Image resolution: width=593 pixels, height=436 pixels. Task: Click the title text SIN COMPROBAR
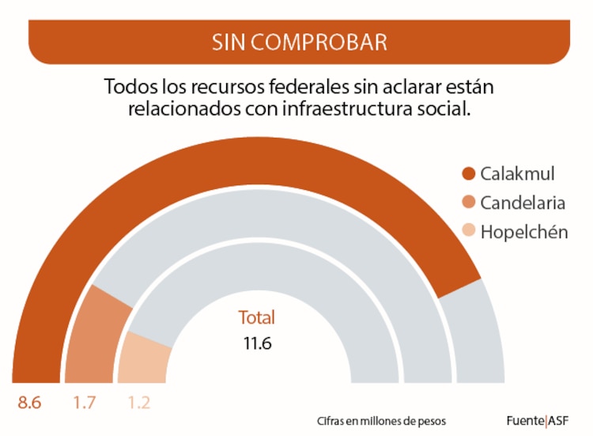coord(299,42)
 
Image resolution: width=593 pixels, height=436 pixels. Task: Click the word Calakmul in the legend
coord(518,173)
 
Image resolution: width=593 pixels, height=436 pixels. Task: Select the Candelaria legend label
coord(523,203)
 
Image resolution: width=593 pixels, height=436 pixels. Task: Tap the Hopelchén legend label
coord(524,232)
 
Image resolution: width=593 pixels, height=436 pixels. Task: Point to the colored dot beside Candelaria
coord(468,203)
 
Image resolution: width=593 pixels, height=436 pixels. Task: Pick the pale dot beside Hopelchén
coord(468,233)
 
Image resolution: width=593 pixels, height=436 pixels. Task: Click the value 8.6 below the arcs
coord(30,403)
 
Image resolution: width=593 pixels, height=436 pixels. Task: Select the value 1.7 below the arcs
coord(85,403)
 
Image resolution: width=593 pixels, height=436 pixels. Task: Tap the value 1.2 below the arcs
coord(138,403)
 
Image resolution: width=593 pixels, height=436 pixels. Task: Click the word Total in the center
coord(257,318)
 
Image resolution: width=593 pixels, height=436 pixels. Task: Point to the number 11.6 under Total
coord(258,344)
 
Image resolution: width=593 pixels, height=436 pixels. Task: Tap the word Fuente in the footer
coord(525,420)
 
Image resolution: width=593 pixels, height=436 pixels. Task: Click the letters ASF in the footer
coord(560,420)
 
